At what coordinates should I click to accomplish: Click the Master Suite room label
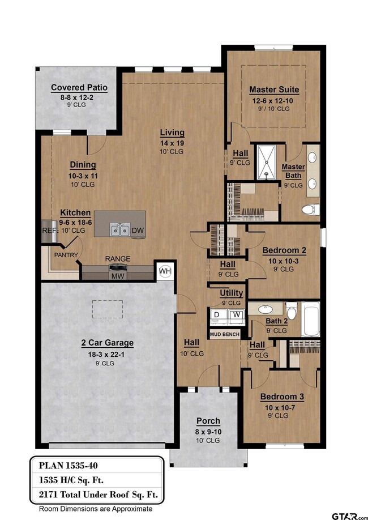pyautogui.click(x=274, y=89)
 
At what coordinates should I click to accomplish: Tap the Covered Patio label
pyautogui.click(x=79, y=88)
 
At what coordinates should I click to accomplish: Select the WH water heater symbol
pyautogui.click(x=165, y=271)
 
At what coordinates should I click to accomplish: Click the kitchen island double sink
pyautogui.click(x=120, y=229)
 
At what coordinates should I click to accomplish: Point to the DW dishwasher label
pyautogui.click(x=138, y=231)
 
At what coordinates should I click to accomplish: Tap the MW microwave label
pyautogui.click(x=118, y=276)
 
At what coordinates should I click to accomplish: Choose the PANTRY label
pyautogui.click(x=66, y=255)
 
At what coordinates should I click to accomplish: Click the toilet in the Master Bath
pyautogui.click(x=310, y=210)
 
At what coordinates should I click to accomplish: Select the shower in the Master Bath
pyautogui.click(x=267, y=162)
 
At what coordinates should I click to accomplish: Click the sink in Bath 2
pyautogui.click(x=265, y=309)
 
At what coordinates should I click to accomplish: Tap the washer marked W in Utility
pyautogui.click(x=237, y=315)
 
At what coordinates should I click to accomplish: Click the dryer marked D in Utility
pyautogui.click(x=217, y=315)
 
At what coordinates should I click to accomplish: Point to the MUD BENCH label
pyautogui.click(x=225, y=334)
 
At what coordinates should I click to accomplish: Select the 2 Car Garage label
pyautogui.click(x=108, y=343)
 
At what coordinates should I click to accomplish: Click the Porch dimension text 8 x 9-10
pyautogui.click(x=208, y=432)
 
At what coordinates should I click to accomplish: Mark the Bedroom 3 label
pyautogui.click(x=282, y=397)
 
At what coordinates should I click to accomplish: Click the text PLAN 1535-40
pyautogui.click(x=69, y=466)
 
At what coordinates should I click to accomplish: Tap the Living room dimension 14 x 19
pyautogui.click(x=172, y=143)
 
